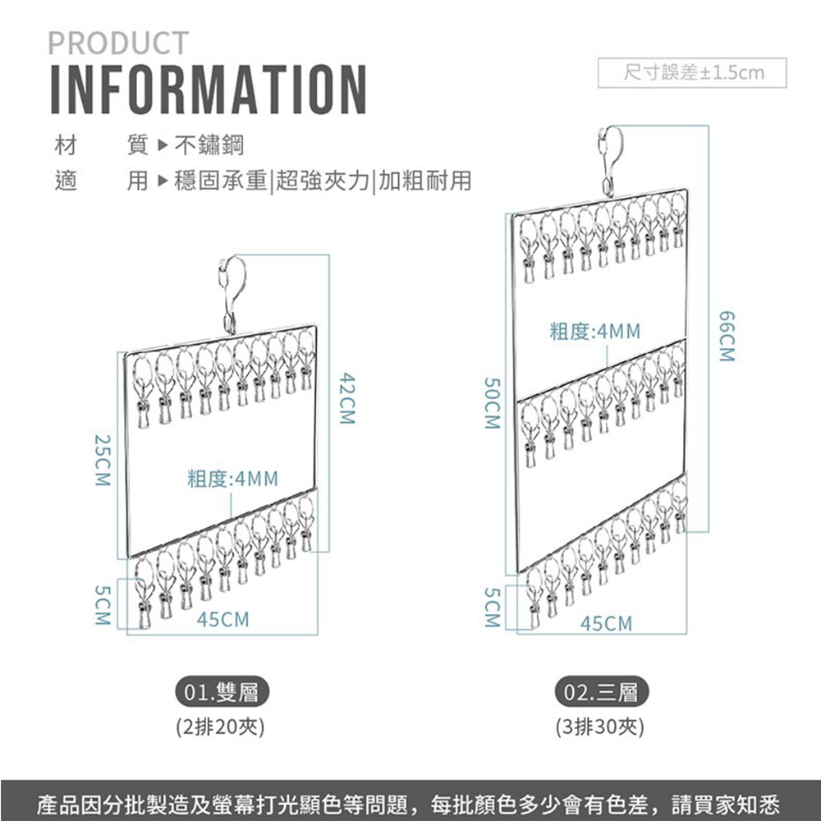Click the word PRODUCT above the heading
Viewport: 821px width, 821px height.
tap(118, 43)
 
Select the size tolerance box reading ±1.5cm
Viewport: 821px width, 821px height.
tap(693, 73)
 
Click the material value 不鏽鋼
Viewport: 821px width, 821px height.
tap(209, 147)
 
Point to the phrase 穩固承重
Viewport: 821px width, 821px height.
tap(222, 181)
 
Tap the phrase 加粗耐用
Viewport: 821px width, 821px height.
tap(425, 181)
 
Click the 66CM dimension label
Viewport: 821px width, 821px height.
tap(725, 336)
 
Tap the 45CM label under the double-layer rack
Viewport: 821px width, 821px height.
tap(222, 620)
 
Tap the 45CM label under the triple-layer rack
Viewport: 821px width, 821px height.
tap(607, 625)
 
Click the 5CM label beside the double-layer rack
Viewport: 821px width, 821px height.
tap(102, 606)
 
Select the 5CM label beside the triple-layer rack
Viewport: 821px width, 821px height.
tap(491, 608)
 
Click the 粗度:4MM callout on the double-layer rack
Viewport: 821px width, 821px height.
tap(233, 479)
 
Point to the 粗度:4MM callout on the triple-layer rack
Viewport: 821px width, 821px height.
tap(595, 333)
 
